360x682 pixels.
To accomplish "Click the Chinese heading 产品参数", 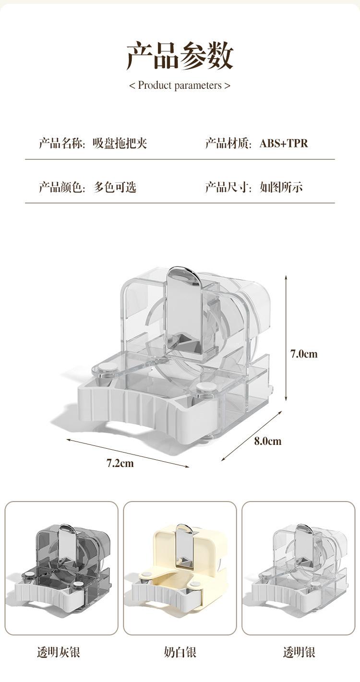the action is (x=180, y=56).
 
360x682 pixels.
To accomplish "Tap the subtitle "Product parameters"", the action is (x=180, y=85).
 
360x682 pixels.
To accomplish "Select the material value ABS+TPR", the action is (x=284, y=143).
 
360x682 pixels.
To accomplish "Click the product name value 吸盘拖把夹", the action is (x=120, y=143).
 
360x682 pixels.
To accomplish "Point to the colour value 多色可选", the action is (x=115, y=187).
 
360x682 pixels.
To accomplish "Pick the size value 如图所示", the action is (x=281, y=187).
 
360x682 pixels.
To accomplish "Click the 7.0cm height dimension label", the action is (x=304, y=354).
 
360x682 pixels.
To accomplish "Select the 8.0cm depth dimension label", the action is (x=268, y=441).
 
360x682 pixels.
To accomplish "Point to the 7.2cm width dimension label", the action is (x=120, y=463).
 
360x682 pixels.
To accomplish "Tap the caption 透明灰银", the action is (x=59, y=652).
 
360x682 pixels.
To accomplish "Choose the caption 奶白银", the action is (x=180, y=652).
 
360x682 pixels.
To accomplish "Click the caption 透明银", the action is (x=299, y=652).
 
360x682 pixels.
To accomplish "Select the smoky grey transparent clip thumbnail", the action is (x=61, y=568).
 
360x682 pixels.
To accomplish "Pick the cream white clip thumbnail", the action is (x=180, y=568).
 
